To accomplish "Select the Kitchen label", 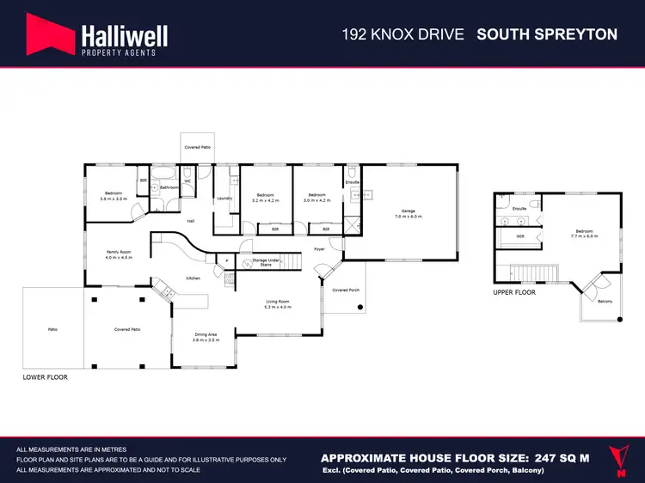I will coord(193,278).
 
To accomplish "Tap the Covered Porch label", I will coord(346,290).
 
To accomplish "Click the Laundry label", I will coord(224,198).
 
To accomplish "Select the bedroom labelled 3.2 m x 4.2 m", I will coord(267,197).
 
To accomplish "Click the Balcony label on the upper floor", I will coord(605,301).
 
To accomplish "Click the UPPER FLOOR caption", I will coord(513,293).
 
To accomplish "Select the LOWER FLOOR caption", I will coord(45,377).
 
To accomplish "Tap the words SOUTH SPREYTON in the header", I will coord(547,34).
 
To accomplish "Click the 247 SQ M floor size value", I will coord(557,458).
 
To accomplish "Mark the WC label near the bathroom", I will coord(187,181).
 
